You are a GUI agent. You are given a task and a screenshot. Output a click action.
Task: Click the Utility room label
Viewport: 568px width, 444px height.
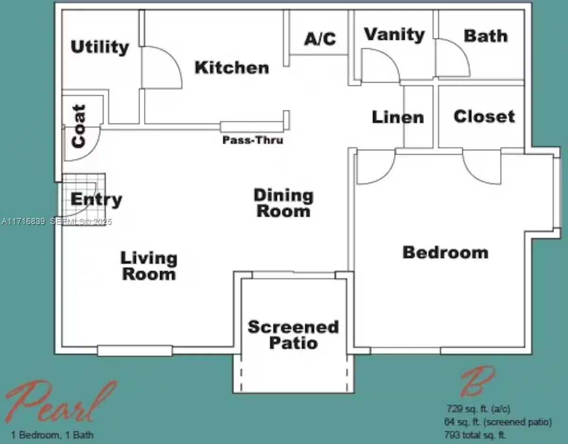point(100,47)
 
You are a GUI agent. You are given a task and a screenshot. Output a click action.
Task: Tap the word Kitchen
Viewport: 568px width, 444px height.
point(232,68)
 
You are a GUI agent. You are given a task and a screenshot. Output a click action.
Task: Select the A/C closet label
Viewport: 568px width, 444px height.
point(320,39)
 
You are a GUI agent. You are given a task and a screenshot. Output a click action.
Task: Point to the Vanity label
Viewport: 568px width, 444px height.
point(394,35)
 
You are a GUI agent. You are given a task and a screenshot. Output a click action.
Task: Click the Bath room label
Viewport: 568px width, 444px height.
point(486,36)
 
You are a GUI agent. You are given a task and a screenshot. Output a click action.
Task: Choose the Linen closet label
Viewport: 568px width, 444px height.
point(398,117)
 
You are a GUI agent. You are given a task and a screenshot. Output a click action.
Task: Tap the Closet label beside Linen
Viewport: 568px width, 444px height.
point(484,116)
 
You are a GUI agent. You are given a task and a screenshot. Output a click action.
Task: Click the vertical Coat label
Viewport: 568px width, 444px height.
point(79,126)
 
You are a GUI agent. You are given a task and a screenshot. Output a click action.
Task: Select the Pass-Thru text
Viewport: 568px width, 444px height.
point(253,140)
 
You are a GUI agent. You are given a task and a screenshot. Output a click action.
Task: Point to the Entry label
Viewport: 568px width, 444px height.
point(96,200)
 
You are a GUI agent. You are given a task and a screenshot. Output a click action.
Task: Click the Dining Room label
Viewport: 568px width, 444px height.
point(284,203)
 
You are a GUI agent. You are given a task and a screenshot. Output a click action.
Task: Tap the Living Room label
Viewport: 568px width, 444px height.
point(149,266)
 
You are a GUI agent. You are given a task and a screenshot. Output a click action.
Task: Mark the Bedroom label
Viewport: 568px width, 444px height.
point(445,252)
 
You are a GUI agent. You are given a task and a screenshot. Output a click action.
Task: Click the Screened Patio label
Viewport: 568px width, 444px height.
point(293,335)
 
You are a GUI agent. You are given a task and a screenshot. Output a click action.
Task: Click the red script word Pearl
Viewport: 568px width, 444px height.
point(62,402)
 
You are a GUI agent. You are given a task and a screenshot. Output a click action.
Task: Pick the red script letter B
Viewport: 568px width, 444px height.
point(478,382)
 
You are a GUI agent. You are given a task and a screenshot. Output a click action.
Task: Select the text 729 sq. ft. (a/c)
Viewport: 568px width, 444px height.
point(478,409)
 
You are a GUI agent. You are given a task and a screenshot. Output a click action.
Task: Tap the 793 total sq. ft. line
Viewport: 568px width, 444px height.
point(475,435)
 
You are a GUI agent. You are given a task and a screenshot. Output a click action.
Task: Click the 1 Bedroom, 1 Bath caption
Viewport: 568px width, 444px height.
point(52,435)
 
